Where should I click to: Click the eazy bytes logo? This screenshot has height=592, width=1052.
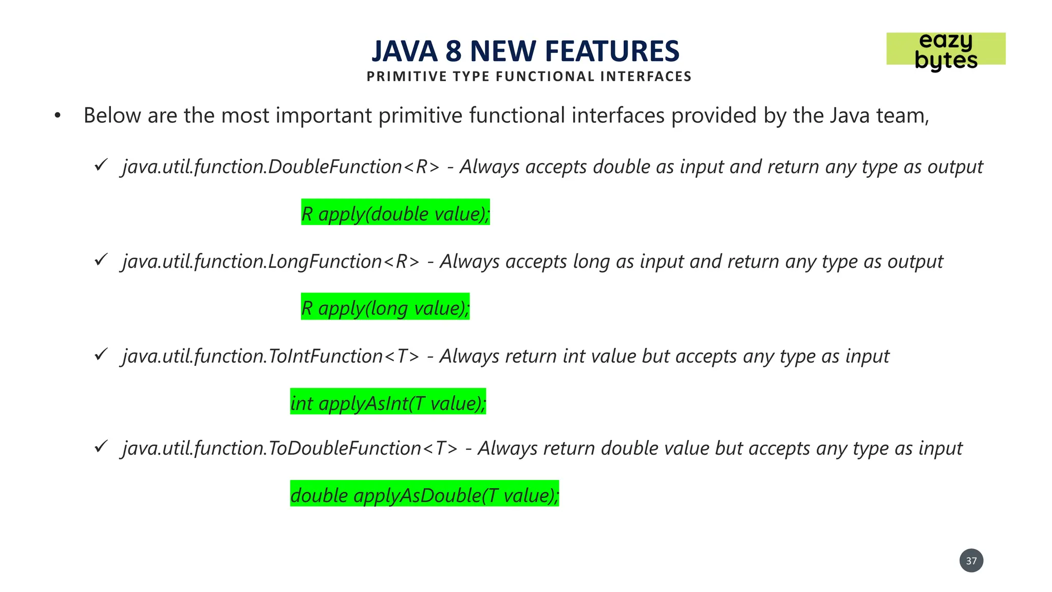click(x=946, y=50)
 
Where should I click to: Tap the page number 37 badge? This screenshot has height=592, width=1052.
click(x=971, y=561)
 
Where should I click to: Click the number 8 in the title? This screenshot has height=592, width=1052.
click(x=454, y=51)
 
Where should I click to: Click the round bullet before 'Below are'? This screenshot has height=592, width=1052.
click(x=58, y=116)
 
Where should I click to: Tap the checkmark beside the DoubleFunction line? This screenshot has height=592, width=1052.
click(x=101, y=165)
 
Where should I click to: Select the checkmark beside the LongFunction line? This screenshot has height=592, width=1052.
click(x=101, y=260)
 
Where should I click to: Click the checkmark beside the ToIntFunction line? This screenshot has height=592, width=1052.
click(x=101, y=355)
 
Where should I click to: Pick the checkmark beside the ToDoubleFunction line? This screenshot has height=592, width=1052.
click(x=101, y=447)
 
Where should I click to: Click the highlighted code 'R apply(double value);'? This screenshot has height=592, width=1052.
click(x=395, y=213)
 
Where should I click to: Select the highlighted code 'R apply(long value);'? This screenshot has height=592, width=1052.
click(x=385, y=307)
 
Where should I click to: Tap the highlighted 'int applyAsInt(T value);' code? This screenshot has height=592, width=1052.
click(x=388, y=402)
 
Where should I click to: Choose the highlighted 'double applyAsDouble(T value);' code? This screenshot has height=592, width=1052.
click(x=424, y=494)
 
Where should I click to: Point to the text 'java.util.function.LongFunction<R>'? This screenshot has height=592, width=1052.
click(x=271, y=262)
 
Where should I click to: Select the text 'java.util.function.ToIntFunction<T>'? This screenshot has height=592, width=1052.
click(x=271, y=356)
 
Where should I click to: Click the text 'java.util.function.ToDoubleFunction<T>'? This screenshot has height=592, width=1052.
click(x=290, y=448)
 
